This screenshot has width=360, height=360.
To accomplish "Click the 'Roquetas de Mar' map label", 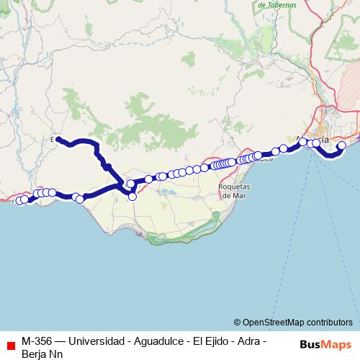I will [234, 190].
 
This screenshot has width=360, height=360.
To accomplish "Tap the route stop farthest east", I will [342, 145].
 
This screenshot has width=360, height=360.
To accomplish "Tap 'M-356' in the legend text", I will [37, 341].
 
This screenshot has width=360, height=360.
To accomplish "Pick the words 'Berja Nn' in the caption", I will [42, 354].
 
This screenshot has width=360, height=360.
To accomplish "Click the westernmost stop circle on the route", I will [19, 201].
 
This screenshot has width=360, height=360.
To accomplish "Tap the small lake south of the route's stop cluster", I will [166, 192].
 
